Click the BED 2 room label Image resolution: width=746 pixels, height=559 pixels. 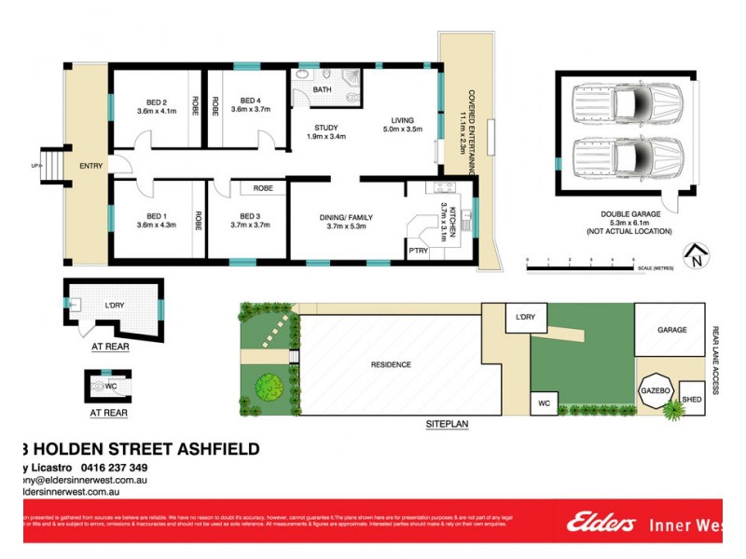tap(157, 102)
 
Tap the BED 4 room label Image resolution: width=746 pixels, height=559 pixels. tap(250, 101)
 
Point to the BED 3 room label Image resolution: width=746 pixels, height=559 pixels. tap(247, 216)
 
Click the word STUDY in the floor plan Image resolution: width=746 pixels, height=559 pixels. tap(325, 128)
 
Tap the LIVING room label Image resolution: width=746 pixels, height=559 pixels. tap(402, 119)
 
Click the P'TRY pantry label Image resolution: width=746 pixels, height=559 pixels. tap(417, 252)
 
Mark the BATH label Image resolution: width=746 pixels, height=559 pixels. tap(322, 89)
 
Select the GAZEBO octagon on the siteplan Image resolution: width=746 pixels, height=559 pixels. tap(656, 391)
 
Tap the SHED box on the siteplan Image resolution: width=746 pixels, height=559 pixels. tap(692, 399)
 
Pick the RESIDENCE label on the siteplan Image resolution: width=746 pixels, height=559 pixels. tap(390, 364)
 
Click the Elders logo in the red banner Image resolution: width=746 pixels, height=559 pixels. tap(601, 524)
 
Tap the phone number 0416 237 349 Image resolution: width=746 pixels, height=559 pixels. tap(112, 468)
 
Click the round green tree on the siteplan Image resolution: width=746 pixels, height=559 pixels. tap(269, 384)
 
